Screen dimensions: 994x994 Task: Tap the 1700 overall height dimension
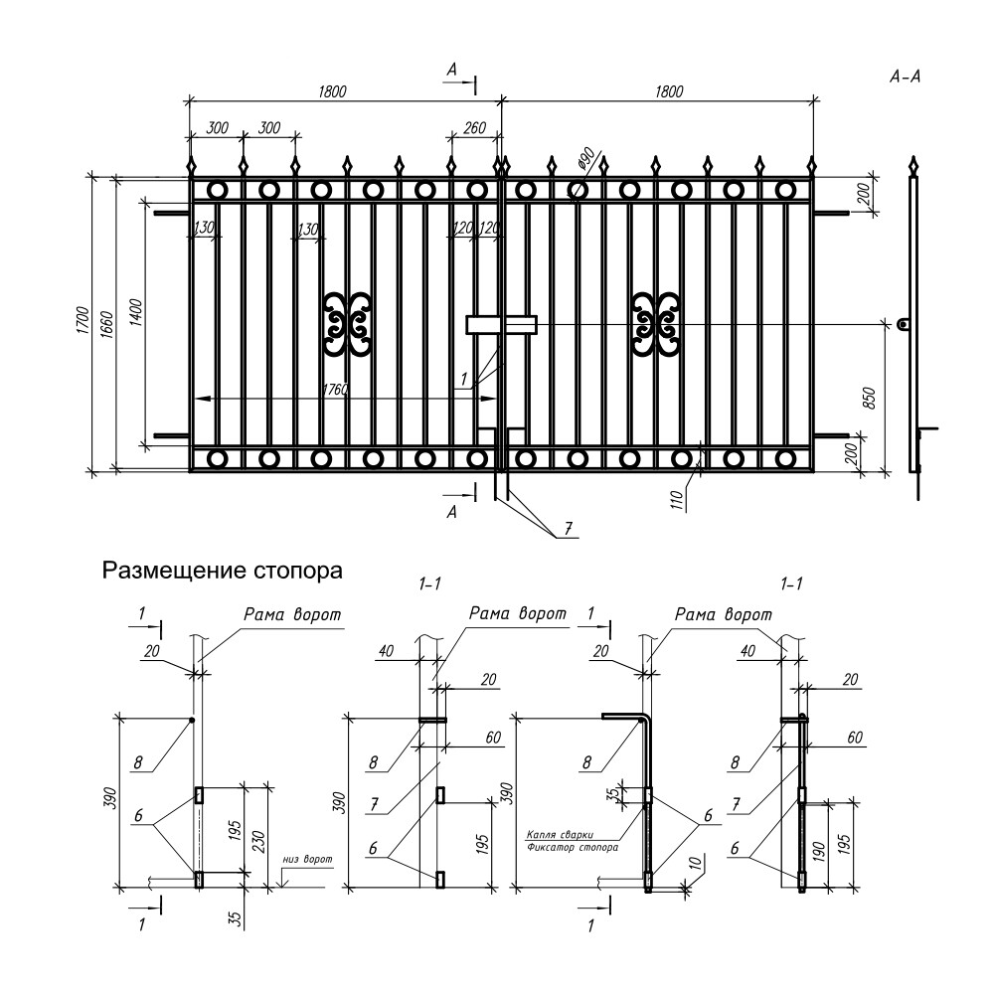click(85, 324)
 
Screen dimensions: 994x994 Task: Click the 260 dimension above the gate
click(473, 127)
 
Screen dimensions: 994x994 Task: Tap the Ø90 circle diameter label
click(585, 159)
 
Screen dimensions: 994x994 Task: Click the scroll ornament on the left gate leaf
click(347, 324)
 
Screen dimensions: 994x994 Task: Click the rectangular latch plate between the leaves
click(502, 324)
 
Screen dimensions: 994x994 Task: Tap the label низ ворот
click(306, 858)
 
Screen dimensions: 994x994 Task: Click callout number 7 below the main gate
click(567, 529)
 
